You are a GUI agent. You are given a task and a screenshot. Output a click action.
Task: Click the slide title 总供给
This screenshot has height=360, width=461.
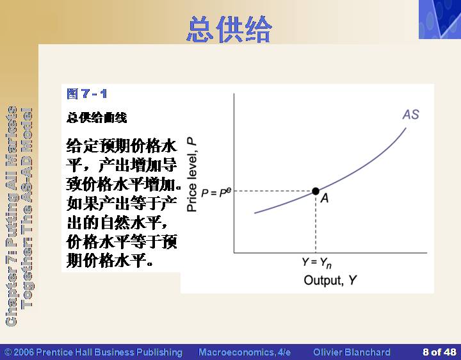[229, 29]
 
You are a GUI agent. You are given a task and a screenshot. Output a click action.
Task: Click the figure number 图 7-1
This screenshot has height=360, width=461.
[86, 94]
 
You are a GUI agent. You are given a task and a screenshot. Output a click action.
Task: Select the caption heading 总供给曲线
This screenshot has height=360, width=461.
[97, 118]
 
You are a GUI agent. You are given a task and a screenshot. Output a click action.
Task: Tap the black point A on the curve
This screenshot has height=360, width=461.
[316, 191]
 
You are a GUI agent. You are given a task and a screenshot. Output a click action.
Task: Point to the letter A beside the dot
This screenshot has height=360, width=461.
[325, 198]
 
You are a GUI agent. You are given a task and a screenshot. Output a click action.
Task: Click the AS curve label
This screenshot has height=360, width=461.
[410, 115]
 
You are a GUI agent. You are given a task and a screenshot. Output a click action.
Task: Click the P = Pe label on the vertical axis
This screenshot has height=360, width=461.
[216, 192]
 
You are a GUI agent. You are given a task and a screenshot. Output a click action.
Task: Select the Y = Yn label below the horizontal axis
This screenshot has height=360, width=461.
[317, 263]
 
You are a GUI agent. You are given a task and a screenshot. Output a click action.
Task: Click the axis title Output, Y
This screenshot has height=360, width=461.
[330, 281]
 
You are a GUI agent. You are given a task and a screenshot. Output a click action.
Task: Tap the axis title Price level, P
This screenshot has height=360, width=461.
[191, 175]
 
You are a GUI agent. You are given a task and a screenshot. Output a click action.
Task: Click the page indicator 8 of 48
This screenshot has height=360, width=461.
[439, 352]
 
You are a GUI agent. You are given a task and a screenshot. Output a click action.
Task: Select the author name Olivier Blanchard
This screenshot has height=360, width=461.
[352, 352]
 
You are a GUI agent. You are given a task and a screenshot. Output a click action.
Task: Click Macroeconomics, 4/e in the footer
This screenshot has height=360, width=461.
[245, 352]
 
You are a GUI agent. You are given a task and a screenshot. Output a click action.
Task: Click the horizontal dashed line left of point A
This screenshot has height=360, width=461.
[273, 191]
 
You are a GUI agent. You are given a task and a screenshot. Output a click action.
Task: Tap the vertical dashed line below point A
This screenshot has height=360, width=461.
[316, 224]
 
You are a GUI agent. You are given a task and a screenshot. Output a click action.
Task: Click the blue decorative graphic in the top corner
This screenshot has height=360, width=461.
[440, 19]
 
